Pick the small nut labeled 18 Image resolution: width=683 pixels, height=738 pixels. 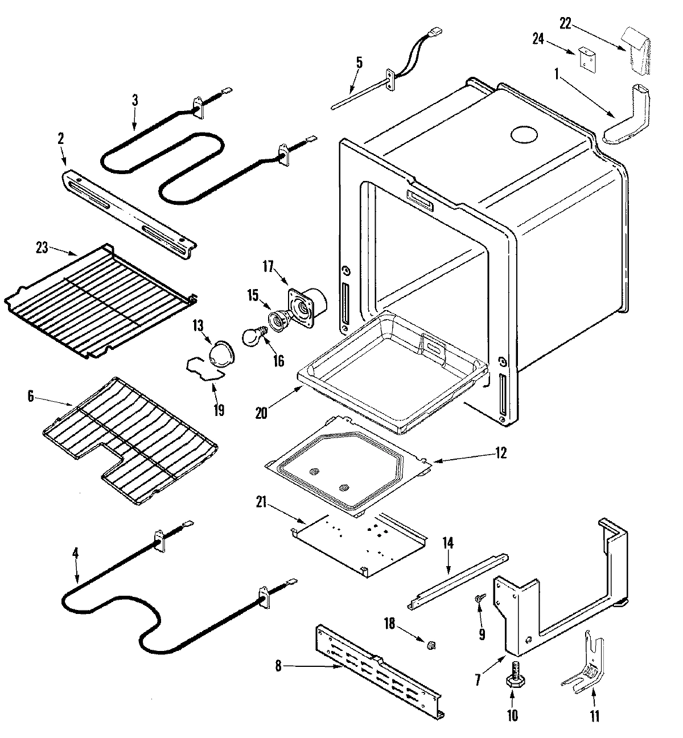click(x=431, y=644)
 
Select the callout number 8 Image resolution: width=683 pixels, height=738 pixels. click(x=278, y=666)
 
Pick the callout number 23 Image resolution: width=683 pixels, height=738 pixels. click(x=43, y=248)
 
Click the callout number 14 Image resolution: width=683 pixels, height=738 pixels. click(x=447, y=543)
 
